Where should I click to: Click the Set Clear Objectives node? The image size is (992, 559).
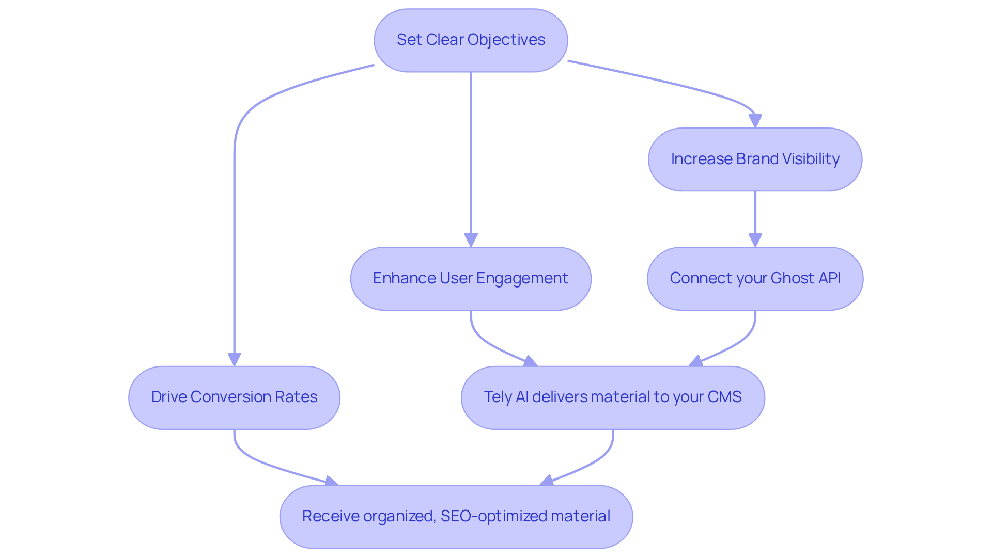471,40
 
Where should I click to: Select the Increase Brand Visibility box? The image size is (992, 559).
755,159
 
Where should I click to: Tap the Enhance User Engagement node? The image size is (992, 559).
471,279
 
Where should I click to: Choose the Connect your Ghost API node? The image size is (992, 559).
755,279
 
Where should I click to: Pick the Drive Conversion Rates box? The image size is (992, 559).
234,397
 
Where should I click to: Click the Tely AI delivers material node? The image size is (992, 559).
613,397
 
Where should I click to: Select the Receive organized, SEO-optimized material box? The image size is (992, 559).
456,517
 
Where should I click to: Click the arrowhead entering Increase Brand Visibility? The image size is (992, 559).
755,121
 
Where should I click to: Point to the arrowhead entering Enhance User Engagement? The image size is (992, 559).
471,241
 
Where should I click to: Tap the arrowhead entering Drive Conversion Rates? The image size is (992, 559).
234,359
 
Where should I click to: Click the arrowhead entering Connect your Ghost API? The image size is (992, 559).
755,241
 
